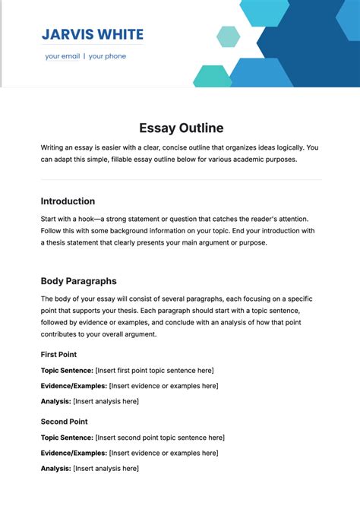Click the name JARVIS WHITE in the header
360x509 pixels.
[x=93, y=35]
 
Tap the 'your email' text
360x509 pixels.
[x=62, y=56]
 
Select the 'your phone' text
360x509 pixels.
[x=107, y=56]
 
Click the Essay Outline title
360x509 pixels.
[x=181, y=128]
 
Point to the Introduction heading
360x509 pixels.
[x=68, y=201]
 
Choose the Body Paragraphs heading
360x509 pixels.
[x=78, y=281]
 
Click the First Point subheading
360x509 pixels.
[x=58, y=354]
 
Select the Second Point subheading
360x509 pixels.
[x=64, y=422]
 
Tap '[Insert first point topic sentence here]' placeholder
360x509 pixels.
[x=154, y=370]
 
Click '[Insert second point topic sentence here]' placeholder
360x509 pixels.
[x=159, y=438]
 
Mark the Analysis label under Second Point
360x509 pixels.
[x=55, y=468]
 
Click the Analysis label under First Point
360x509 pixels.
[x=55, y=401]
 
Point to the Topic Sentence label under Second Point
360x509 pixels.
[x=66, y=438]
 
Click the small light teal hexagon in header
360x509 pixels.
[x=228, y=36]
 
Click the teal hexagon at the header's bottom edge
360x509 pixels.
[x=212, y=77]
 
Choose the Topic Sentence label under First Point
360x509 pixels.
[x=66, y=370]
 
